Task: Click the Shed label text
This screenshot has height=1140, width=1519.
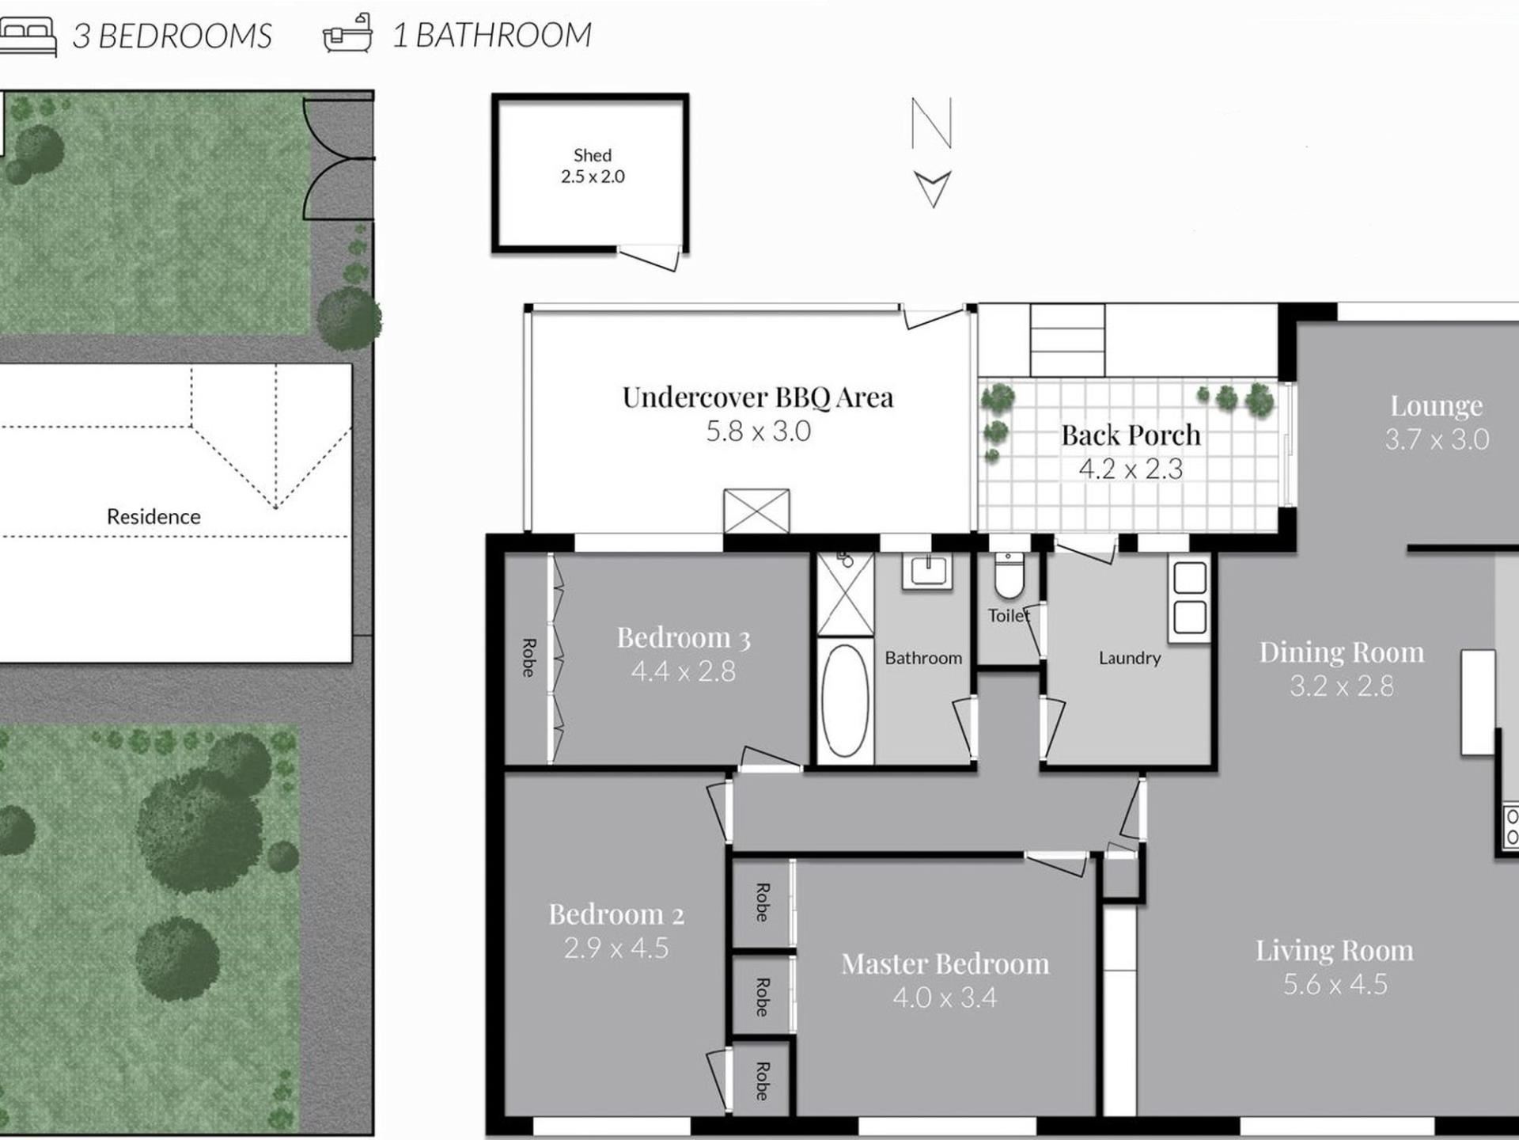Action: point(593,155)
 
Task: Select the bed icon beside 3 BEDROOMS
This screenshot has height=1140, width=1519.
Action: point(28,36)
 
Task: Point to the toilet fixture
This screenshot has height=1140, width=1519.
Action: point(1009,576)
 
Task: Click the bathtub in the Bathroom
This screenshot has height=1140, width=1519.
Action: point(845,701)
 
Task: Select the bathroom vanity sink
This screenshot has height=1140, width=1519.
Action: point(927,570)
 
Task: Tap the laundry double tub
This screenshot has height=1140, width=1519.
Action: point(1190,597)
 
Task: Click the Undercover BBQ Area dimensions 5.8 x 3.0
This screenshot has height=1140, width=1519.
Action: point(758,431)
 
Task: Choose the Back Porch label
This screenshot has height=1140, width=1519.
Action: point(1131,435)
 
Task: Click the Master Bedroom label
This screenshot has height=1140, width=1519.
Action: point(945,963)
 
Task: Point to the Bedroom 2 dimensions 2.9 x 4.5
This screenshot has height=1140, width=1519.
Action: point(616,948)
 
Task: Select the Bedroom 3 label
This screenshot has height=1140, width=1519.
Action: point(684,637)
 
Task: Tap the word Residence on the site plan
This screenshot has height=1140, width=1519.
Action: point(153,517)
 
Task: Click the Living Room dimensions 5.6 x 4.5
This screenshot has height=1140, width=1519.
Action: point(1335,984)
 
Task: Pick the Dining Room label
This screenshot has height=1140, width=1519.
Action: point(1342,652)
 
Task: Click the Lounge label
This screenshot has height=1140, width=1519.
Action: point(1437,405)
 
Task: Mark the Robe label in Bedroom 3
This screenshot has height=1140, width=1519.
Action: point(528,658)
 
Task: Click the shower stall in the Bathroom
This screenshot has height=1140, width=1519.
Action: point(845,594)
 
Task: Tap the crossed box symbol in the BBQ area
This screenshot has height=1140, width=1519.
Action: point(756,511)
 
